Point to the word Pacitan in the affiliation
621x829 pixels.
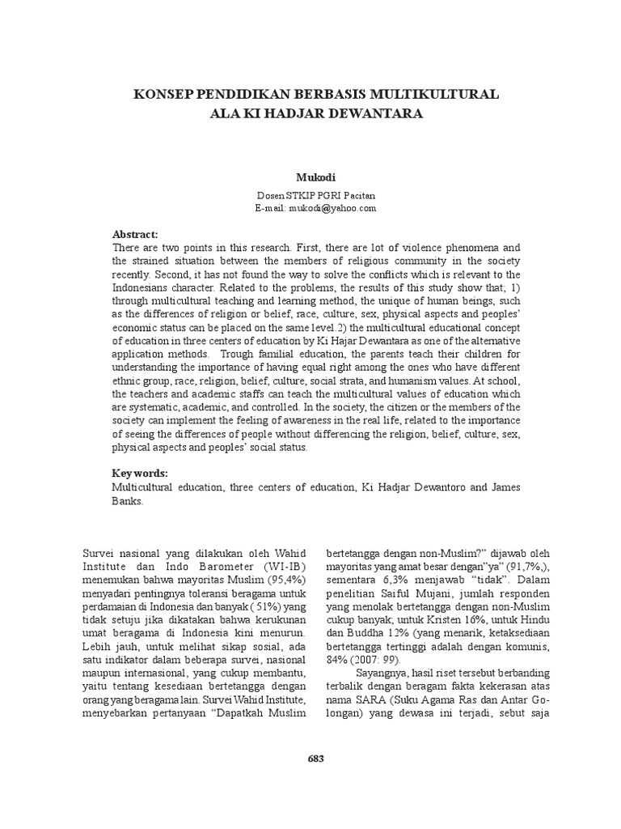pyautogui.click(x=359, y=196)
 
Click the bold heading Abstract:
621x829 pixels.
pyautogui.click(x=134, y=232)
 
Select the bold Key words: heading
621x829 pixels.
pyautogui.click(x=140, y=473)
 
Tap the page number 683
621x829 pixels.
pyautogui.click(x=316, y=759)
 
